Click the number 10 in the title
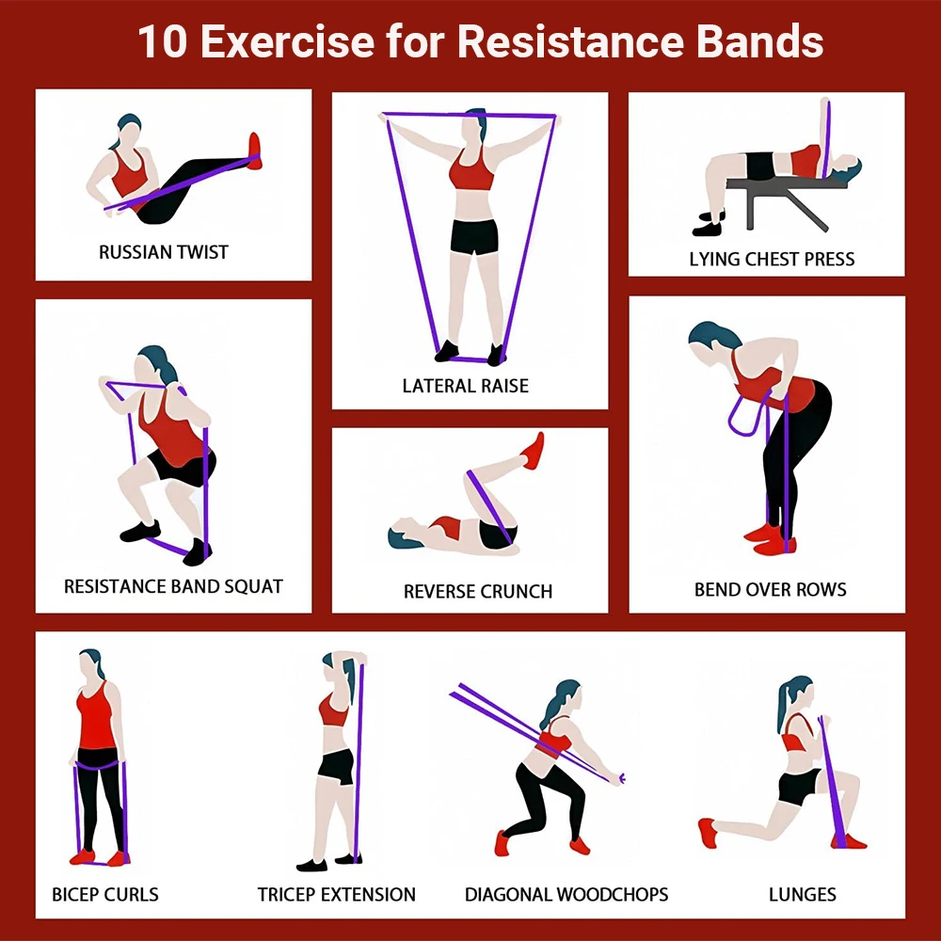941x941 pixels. click(x=162, y=42)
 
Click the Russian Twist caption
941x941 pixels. click(x=164, y=252)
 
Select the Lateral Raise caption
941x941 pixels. click(x=465, y=386)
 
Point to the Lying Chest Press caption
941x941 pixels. click(x=772, y=259)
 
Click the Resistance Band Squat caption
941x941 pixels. click(x=173, y=586)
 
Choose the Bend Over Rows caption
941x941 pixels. click(x=770, y=590)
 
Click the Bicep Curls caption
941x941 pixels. click(x=105, y=894)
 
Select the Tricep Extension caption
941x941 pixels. click(x=337, y=894)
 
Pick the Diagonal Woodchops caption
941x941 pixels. click(x=566, y=894)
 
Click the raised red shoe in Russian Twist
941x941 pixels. click(x=254, y=150)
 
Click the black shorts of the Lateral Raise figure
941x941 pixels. click(x=473, y=236)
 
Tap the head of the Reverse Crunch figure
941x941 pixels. click(x=403, y=537)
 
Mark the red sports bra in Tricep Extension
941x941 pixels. click(x=333, y=710)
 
